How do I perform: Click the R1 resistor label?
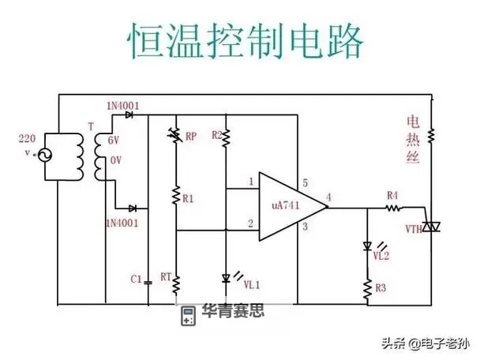188,199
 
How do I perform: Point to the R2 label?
217,135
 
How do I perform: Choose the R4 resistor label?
392,194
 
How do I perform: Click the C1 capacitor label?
135,278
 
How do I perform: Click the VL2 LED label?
381,254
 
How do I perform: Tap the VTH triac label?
414,229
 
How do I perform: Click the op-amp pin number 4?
328,196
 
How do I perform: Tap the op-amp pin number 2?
251,224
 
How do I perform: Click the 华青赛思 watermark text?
233,310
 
